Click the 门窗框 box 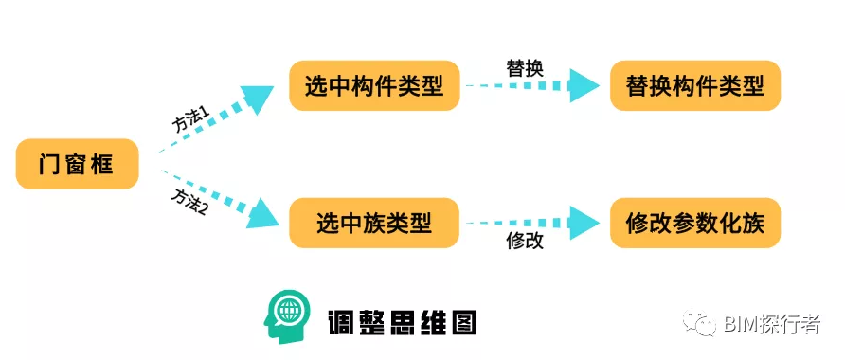[77, 164]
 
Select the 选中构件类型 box [374, 86]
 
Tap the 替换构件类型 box [694, 86]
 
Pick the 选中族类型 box [374, 224]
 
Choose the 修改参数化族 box [694, 224]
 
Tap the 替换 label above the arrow [525, 68]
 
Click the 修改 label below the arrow [525, 242]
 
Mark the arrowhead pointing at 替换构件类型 [584, 86]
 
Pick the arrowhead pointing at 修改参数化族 [584, 224]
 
